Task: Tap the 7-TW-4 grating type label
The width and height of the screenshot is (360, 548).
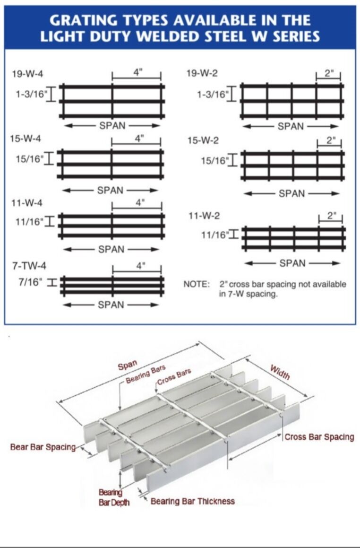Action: coord(29,265)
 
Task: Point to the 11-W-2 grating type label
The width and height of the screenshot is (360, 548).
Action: coord(204,216)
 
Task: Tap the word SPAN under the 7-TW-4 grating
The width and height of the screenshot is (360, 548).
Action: coord(111,305)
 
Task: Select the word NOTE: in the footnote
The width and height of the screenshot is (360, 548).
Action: coord(196,284)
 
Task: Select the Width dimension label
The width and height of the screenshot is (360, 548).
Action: coord(280,372)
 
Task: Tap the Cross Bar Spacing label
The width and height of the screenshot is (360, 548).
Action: coord(319,437)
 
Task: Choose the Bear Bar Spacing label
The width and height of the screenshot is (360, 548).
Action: coord(43,447)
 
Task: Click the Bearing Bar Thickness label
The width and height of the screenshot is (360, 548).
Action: coord(192,501)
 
